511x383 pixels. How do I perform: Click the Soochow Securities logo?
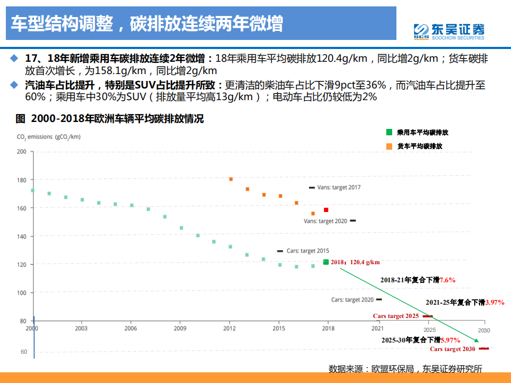coord(449,31)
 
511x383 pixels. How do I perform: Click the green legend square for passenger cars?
coord(389,132)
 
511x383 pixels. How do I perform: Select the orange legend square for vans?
coord(389,146)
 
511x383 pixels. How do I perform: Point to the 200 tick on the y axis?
coord(21,151)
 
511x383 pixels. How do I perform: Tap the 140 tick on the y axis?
coord(21,236)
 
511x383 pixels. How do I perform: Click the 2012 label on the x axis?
coord(230,329)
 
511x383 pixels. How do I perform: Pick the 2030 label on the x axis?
coord(484,330)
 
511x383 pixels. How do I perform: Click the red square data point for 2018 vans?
coord(326,210)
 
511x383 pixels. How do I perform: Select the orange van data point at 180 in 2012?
coord(231,179)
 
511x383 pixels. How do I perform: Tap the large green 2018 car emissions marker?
coord(326,262)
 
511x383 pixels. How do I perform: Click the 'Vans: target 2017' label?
coord(339,188)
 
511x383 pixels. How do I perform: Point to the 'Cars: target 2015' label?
coord(307,251)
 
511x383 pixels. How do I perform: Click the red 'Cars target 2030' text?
coord(452,349)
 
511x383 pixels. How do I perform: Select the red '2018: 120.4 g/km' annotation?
coord(355,262)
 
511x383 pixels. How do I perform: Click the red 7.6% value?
coord(447,280)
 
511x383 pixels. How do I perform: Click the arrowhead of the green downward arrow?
coord(476,340)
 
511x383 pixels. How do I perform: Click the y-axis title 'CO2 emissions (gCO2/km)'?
coord(48,137)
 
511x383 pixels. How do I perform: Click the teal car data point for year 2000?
coord(33,190)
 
